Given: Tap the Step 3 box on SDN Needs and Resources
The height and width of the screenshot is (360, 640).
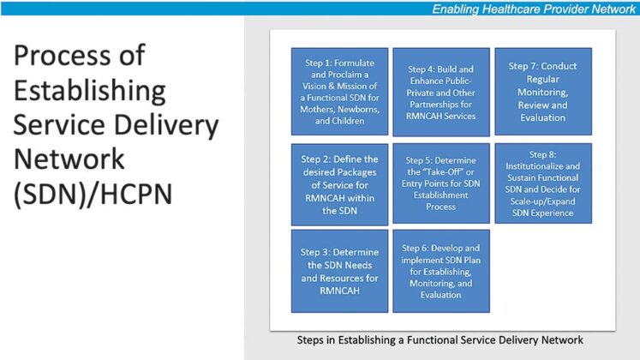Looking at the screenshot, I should tap(339, 271).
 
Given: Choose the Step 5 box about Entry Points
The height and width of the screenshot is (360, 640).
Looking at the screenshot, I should tap(441, 183).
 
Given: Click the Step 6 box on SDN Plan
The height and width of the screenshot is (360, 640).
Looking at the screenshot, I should tap(441, 271).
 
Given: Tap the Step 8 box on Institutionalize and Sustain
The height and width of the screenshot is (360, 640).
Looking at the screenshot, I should tap(542, 183).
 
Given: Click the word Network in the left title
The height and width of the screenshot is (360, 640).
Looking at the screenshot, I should tap(69, 160).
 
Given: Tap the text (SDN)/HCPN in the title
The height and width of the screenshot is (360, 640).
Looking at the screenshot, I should tap(93, 195).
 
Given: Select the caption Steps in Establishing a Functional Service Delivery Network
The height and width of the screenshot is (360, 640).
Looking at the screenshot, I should tap(440, 340).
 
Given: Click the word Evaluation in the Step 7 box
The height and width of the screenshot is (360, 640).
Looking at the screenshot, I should tap(542, 117).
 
